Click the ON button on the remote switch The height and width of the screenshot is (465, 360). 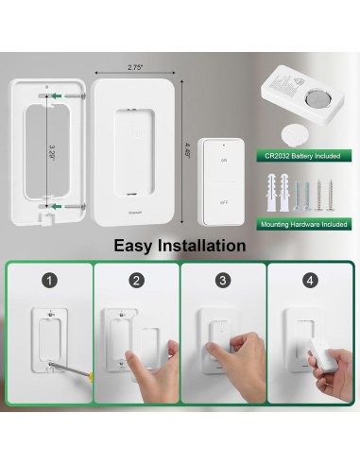coord(224,163)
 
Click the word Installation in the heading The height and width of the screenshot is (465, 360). coord(206,246)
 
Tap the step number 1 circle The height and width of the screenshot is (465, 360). coord(48,281)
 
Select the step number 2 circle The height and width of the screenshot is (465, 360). coord(136,281)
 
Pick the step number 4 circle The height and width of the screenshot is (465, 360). coord(309,281)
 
